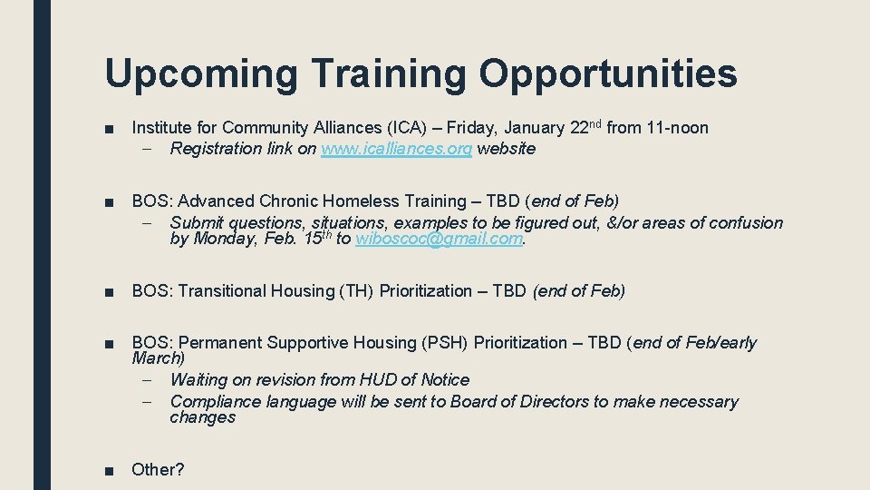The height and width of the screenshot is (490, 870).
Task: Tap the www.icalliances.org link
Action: pos(396,149)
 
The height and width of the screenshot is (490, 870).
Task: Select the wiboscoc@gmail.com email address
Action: pos(440,239)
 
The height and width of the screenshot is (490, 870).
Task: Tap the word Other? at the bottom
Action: pos(158,470)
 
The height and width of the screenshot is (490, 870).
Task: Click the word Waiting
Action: pos(199,380)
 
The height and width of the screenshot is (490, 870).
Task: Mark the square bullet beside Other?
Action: pos(110,470)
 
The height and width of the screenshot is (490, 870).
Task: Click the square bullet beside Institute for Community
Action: pos(110,129)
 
